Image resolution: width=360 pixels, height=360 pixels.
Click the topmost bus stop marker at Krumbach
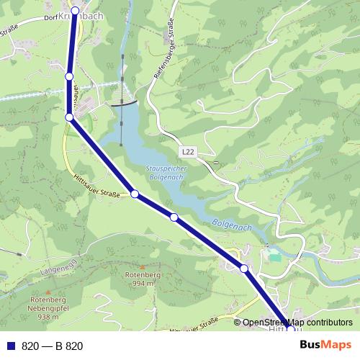pos(74,11)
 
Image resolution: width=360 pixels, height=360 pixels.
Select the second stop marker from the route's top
pos(69,76)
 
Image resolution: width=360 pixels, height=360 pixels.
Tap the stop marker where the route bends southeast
pos(69,117)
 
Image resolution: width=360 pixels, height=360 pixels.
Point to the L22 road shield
pos(188,151)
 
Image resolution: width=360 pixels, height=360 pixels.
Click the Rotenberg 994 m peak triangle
pos(140,267)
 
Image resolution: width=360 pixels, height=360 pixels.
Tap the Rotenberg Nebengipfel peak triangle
pos(48,292)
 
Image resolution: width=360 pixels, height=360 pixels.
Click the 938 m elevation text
pos(48,317)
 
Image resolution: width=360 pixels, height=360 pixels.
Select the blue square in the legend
pos(10,346)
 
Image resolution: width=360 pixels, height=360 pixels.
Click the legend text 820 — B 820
pos(52,346)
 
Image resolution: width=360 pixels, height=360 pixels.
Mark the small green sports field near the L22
pos(273,256)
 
